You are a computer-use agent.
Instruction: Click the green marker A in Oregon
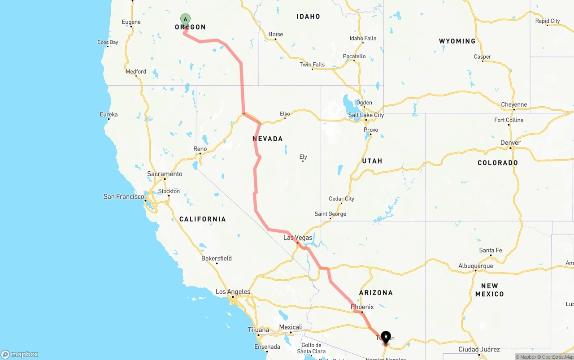[185, 19]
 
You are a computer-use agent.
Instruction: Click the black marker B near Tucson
[386, 337]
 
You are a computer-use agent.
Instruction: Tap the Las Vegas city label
[298, 238]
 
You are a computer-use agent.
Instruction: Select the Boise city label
[276, 35]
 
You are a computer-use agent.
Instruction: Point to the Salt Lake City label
[366, 115]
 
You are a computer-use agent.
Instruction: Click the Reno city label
[200, 149]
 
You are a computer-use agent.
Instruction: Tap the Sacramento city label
[165, 174]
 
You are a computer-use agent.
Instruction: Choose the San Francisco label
[124, 196]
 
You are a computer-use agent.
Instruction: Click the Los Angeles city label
[233, 292]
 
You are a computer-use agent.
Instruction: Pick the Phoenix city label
[362, 307]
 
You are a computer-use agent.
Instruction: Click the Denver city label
[510, 143]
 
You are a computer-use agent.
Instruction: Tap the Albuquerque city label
[475, 266]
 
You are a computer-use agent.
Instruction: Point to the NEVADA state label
[268, 139]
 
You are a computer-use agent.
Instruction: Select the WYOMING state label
[457, 41]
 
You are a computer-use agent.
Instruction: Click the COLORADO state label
[498, 163]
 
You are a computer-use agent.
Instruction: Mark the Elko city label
[285, 114]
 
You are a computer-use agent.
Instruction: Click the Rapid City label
[548, 21]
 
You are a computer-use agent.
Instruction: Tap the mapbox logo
[20, 354]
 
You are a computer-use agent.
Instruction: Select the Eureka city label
[109, 115]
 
